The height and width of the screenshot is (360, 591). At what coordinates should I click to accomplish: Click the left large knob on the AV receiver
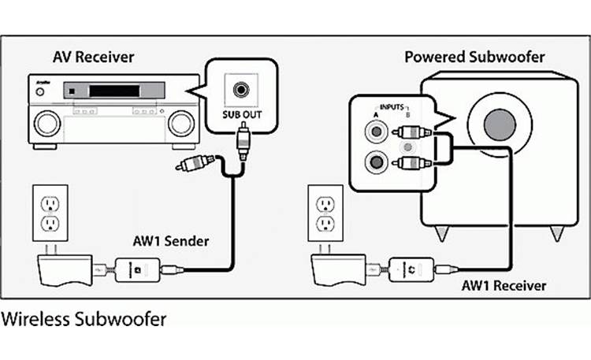46,121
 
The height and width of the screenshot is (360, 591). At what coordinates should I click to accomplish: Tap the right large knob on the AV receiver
180,121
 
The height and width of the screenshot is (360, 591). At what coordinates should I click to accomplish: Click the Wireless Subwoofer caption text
84,321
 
